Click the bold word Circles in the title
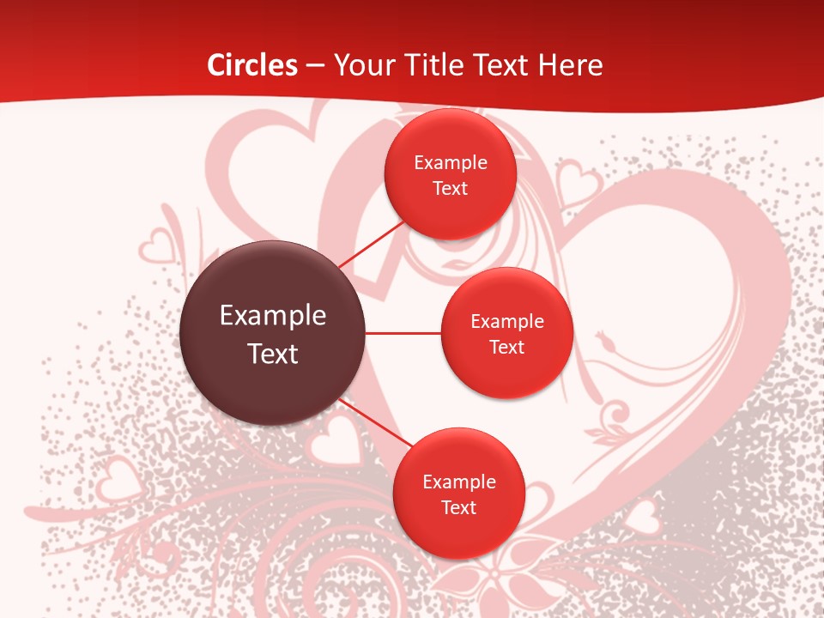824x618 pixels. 252,65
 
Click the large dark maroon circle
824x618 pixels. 273,333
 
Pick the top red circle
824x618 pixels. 451,174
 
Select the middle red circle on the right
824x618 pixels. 506,333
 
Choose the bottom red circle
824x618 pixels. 458,494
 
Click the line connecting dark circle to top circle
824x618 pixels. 371,244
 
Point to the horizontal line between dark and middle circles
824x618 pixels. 403,333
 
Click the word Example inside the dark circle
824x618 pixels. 273,316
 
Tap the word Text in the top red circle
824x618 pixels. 451,188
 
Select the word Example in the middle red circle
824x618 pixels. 506,322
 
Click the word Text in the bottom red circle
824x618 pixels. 458,507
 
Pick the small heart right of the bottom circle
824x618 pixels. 643,517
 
